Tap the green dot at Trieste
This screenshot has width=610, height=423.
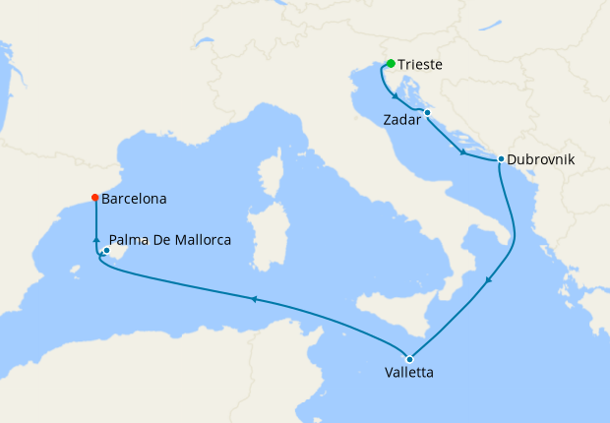click(391, 64)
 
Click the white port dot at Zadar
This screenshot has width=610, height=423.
click(427, 113)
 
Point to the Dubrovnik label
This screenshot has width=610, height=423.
click(541, 158)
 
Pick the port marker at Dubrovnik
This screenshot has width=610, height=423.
click(501, 158)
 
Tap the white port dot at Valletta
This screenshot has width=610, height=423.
click(409, 358)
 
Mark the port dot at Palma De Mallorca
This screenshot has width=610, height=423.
click(106, 250)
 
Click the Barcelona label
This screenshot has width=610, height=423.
click(134, 198)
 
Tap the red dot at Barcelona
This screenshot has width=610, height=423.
click(94, 198)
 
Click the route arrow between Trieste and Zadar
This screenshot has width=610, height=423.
click(395, 96)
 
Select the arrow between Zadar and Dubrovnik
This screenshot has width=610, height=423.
click(462, 151)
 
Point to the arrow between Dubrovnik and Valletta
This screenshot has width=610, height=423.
click(488, 282)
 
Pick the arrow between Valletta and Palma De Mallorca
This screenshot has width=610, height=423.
click(254, 299)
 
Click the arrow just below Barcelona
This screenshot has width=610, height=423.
click(95, 239)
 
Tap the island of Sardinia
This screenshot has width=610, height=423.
click(265, 235)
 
